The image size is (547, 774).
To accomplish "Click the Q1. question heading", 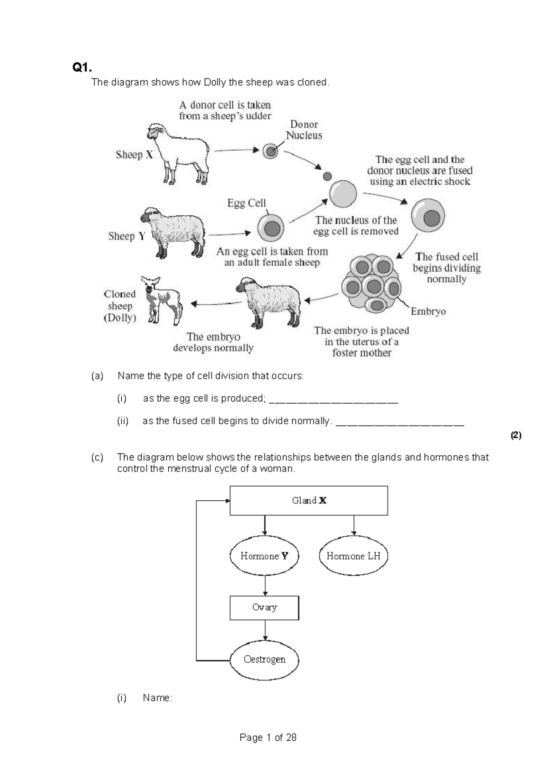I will (x=82, y=68).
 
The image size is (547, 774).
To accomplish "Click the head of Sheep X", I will (x=154, y=132).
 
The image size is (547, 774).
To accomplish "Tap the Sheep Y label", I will (x=127, y=236).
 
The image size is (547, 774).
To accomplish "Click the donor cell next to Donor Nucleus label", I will (x=270, y=151).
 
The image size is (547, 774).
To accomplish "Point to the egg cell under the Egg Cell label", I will (x=271, y=229).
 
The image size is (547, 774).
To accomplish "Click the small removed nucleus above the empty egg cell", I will (x=327, y=176).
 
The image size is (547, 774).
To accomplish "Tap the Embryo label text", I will (x=428, y=312).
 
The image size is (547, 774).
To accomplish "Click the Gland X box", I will (x=309, y=500).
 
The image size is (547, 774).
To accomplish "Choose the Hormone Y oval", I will (x=264, y=556).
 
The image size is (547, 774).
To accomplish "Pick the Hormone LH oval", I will (x=353, y=556).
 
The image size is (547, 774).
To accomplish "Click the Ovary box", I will (x=264, y=608).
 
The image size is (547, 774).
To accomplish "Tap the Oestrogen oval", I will (x=264, y=660).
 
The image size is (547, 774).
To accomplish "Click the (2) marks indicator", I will (x=516, y=436).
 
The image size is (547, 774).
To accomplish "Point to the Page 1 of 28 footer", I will (x=268, y=738).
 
